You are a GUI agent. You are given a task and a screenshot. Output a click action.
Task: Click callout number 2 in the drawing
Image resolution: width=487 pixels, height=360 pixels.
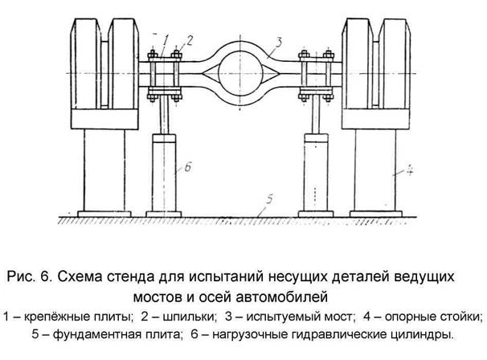click(x=190, y=39)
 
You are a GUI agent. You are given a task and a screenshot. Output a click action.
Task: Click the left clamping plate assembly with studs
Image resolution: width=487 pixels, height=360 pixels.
click(x=171, y=72)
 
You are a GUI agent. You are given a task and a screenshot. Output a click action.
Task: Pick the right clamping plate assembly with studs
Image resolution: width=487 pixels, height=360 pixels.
click(x=314, y=72)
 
